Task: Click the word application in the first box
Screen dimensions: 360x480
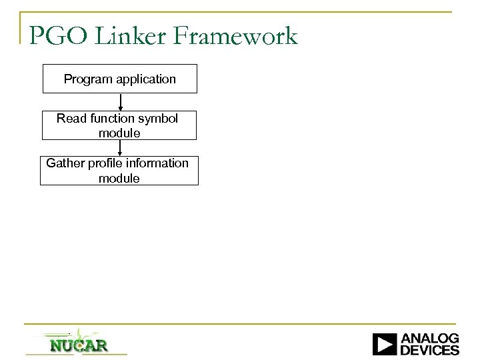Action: pyautogui.click(x=145, y=79)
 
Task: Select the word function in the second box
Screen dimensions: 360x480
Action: pyautogui.click(x=113, y=119)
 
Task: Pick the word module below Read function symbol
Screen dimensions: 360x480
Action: pyautogui.click(x=119, y=133)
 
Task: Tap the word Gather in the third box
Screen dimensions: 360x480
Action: pyautogui.click(x=65, y=163)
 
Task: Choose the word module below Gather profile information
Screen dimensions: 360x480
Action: pyautogui.click(x=119, y=178)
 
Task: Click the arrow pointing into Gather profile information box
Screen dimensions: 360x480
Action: pyautogui.click(x=120, y=148)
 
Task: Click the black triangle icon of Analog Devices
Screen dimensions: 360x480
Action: pyautogui.click(x=384, y=344)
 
